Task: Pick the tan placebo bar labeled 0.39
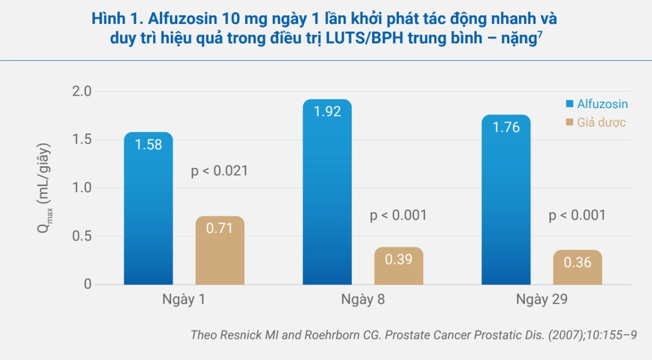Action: pyautogui.click(x=398, y=266)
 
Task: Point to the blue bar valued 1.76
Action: pyautogui.click(x=506, y=200)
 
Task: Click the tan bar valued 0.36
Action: pyautogui.click(x=577, y=267)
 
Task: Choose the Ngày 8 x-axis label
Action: pyautogui.click(x=363, y=300)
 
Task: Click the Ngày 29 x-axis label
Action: pyautogui.click(x=542, y=300)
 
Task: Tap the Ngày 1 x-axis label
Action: pyautogui.click(x=184, y=300)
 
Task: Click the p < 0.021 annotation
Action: pyautogui.click(x=220, y=171)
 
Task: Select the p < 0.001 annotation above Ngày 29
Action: pyautogui.click(x=577, y=216)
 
